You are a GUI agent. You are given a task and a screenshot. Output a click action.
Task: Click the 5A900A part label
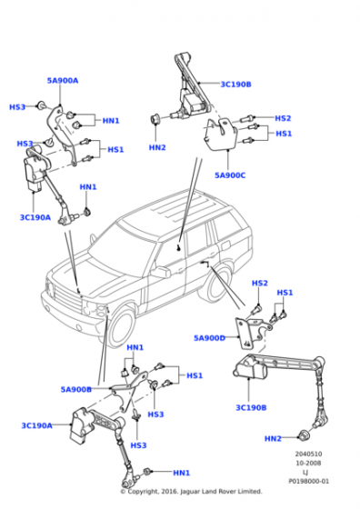(x=63, y=81)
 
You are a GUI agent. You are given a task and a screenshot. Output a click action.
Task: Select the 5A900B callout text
(x=76, y=389)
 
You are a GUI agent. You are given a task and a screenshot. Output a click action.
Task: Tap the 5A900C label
(x=230, y=175)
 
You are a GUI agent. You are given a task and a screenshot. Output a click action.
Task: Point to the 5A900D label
(x=209, y=338)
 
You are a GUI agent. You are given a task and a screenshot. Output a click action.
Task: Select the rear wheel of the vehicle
(x=216, y=284)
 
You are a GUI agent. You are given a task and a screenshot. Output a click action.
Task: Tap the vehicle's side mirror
(x=160, y=272)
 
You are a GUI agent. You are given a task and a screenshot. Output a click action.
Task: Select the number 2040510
(x=308, y=454)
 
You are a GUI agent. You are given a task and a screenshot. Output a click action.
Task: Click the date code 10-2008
(x=308, y=463)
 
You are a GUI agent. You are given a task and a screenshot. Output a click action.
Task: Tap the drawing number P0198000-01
(x=308, y=481)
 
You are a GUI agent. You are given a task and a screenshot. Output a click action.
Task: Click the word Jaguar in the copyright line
(x=189, y=492)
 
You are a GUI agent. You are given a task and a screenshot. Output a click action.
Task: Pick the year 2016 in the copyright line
(x=168, y=492)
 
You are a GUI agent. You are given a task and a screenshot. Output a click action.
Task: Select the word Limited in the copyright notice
(x=250, y=492)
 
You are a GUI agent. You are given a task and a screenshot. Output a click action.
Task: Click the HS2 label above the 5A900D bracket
(x=260, y=283)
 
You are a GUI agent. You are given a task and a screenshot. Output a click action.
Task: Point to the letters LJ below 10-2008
(x=305, y=473)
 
